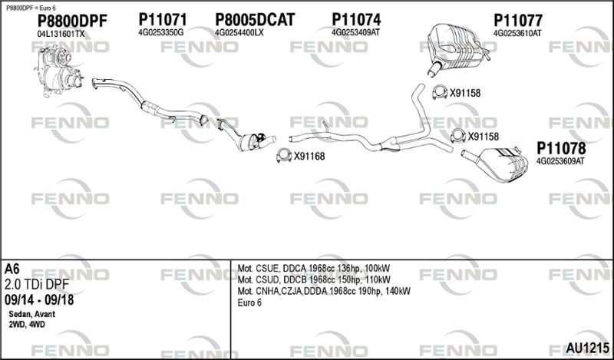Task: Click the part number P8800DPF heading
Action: pos(72,21)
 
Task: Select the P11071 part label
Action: pos(163,20)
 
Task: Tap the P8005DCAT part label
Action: pos(255,20)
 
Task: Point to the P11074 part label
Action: pos(356,20)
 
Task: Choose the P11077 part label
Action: pos(517,21)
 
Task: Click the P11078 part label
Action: pos(561,148)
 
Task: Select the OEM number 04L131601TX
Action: pos(61,34)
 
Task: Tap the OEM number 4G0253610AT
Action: pos(517,33)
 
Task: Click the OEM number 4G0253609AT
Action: pos(560,161)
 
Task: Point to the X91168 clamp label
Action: pos(309,157)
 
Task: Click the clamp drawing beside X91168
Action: pos(284,156)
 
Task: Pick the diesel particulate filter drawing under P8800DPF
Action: pos(59,71)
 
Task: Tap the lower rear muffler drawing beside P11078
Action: pos(495,163)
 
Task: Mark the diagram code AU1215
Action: pos(587,348)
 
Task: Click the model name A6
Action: pos(12,269)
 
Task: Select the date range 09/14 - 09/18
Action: pos(39,300)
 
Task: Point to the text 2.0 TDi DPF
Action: pos(36,285)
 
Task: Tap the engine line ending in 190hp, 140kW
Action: pos(324,291)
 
